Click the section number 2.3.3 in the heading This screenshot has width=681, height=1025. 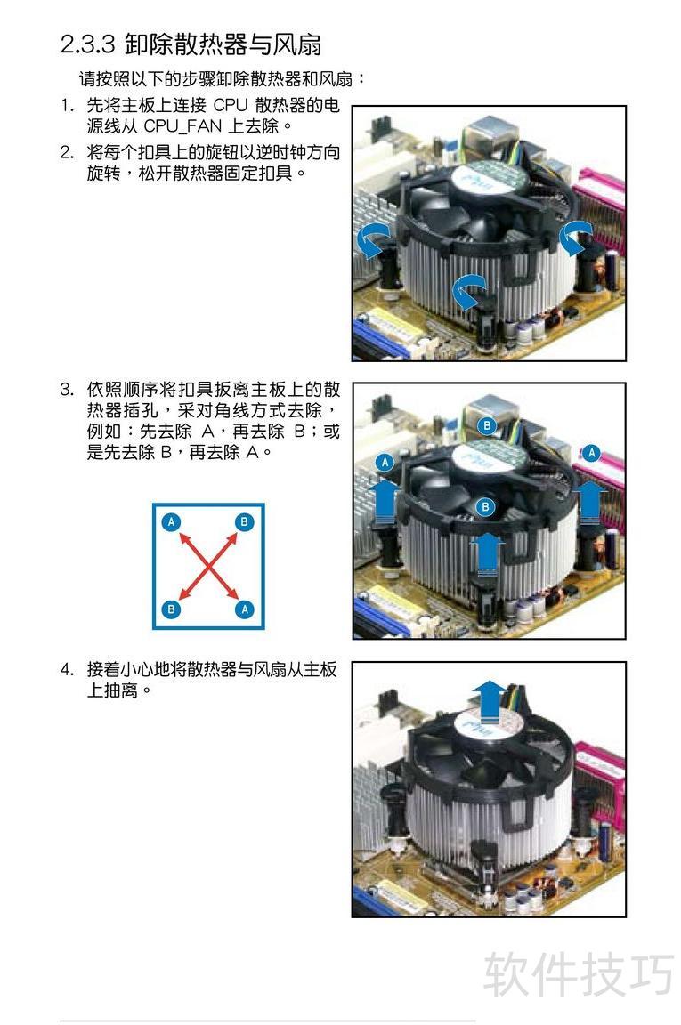[87, 44]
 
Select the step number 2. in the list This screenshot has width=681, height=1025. [68, 152]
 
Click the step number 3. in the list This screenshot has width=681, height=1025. [68, 390]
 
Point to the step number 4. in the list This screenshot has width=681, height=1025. [68, 669]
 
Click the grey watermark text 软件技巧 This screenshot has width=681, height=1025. [579, 973]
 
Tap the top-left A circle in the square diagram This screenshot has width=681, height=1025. [172, 521]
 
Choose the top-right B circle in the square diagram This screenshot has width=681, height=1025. [244, 521]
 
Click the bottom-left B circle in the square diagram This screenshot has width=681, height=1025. [172, 609]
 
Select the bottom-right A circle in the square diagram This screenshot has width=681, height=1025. [244, 609]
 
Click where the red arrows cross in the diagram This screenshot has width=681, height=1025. [208, 566]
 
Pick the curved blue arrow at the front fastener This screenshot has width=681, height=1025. [468, 290]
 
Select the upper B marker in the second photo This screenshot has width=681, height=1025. [487, 425]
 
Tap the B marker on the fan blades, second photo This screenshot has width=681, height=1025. [485, 506]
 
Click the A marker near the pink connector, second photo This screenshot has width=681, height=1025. [591, 452]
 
